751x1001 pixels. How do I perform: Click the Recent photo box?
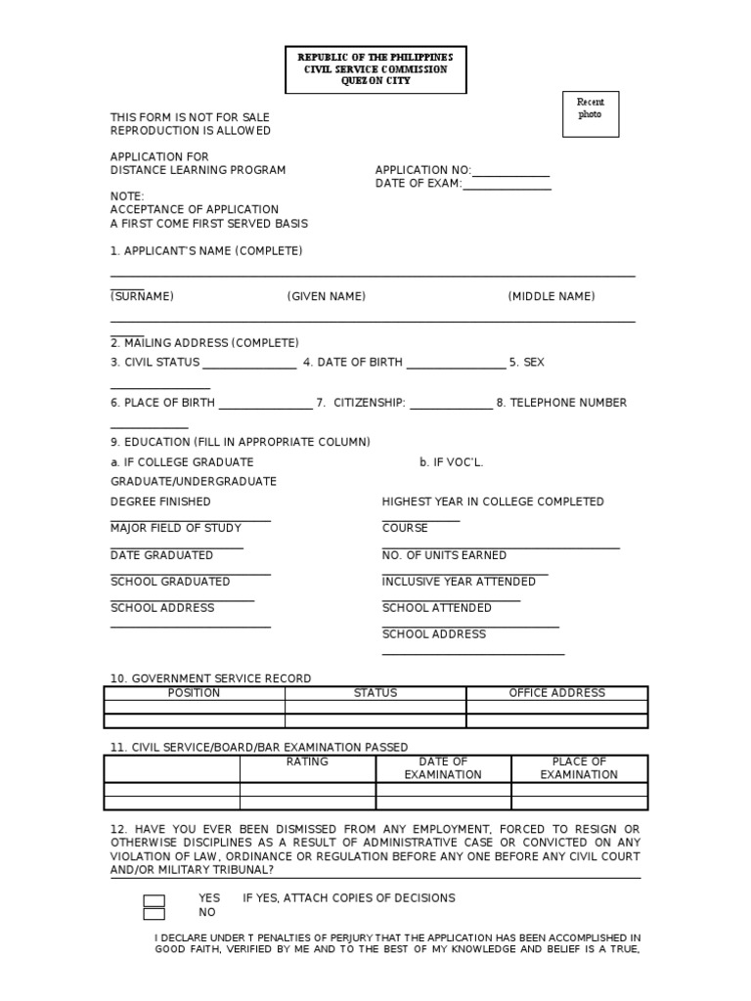coord(590,112)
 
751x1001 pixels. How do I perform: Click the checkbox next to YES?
coord(154,900)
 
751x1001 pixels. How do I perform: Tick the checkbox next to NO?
coord(154,914)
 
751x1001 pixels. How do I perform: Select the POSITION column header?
coord(195,693)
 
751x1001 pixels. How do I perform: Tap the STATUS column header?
coord(375,693)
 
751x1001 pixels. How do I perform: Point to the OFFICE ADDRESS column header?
coord(556,693)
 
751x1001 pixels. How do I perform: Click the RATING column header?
coord(307,762)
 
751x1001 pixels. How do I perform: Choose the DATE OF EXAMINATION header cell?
coord(443,768)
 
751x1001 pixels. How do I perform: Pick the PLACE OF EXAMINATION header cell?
coord(579,768)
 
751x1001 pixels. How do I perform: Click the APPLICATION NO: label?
coord(422,170)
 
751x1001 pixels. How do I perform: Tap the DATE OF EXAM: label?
coord(418,184)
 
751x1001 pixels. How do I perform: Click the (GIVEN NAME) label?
coord(326,296)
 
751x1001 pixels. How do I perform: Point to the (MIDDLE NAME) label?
coord(551,296)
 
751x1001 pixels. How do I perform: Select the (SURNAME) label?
coord(142,296)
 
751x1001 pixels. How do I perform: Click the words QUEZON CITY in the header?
coord(375,81)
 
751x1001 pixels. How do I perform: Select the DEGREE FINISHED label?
coord(160,501)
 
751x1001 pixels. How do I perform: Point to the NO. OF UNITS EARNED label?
coord(444,555)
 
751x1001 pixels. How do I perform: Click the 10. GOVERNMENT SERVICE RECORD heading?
coord(210,678)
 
